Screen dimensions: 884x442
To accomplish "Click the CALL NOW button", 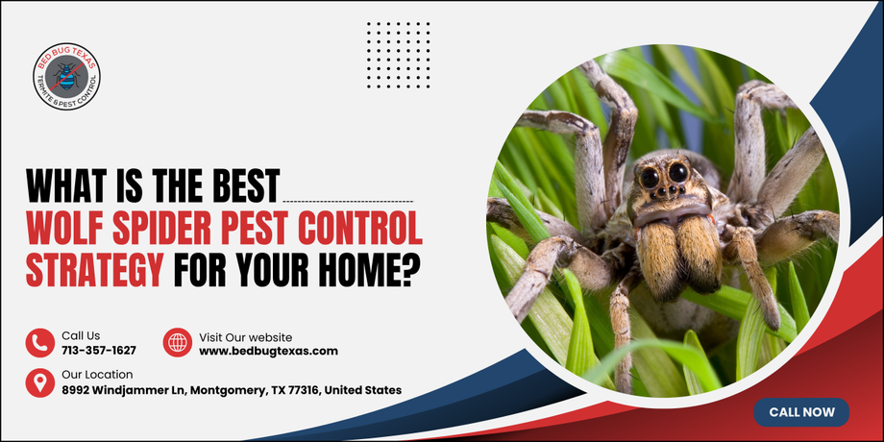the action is pos(801,412).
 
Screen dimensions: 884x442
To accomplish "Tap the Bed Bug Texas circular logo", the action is pos(67,76).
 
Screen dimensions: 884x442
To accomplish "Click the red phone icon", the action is pos(40,343).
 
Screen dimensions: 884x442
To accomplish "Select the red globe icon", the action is pos(178,343).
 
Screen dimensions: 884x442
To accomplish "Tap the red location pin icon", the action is pos(40,382).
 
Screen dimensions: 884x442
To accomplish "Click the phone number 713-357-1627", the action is pos(99,351).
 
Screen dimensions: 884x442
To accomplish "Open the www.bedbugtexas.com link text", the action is pos(268,352).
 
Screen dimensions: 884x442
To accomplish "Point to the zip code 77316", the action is pos(305,390).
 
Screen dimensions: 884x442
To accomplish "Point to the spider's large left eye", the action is pos(651,178).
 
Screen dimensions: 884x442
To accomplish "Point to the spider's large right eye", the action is pos(678,172).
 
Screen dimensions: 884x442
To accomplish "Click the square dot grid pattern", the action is pos(399,56).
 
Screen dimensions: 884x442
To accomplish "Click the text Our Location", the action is pos(97,375).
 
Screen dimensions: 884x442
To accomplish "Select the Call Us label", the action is pos(81,336).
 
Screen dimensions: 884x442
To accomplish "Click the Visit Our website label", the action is pos(245,337).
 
